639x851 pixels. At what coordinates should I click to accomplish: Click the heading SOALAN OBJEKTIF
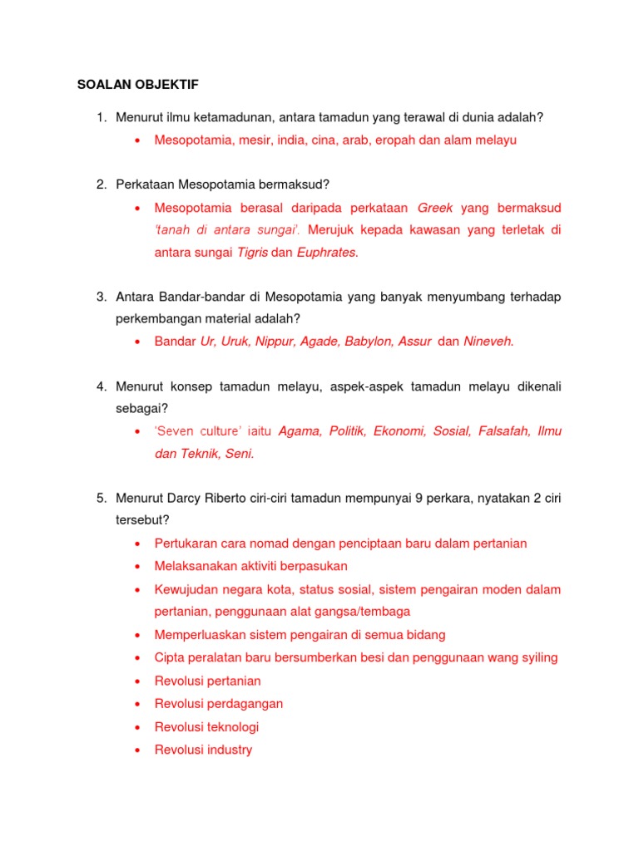pos(138,84)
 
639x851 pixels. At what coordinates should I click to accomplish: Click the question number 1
pos(99,118)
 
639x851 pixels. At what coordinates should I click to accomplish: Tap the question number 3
pos(99,296)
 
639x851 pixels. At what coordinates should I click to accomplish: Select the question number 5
pos(99,499)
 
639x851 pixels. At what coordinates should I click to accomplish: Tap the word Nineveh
pos(488,341)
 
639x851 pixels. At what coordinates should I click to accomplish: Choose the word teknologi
pos(231,726)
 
